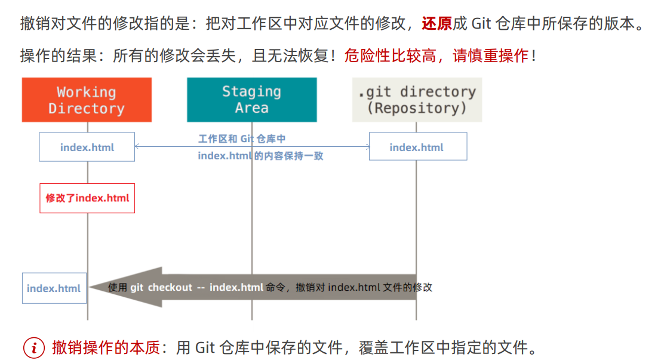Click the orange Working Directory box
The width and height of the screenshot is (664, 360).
[87, 100]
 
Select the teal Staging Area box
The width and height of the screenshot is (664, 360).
[251, 100]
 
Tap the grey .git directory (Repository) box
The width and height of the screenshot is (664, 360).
[416, 100]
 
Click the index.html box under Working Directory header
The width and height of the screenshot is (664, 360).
[87, 147]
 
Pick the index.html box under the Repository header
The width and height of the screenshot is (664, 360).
[417, 147]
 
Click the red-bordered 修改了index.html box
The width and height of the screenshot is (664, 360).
[87, 198]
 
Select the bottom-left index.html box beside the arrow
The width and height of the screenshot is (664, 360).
[54, 288]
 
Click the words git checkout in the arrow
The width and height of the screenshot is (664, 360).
[161, 287]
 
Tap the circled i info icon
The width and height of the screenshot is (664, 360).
[34, 347]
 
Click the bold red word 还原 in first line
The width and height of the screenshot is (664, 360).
[436, 24]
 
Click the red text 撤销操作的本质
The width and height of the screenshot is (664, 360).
[106, 347]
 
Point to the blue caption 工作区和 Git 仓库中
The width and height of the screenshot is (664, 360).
[242, 139]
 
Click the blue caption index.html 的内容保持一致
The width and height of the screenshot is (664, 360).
[260, 156]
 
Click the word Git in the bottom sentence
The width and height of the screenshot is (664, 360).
[204, 347]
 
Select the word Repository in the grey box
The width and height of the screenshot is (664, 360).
[417, 109]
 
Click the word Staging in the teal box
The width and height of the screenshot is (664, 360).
[251, 91]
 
